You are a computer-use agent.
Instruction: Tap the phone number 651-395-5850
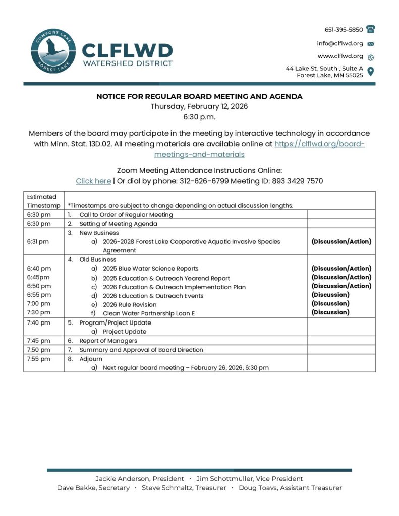344,30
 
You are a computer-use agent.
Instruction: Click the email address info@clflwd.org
339,43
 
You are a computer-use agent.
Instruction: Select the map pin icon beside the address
371,71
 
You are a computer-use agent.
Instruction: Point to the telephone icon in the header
371,29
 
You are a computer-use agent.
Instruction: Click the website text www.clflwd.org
340,56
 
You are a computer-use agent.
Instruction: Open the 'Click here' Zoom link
93,181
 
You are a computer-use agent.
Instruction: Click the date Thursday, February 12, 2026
199,106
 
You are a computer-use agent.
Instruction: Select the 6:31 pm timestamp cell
38,241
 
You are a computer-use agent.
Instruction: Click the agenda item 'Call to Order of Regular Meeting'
126,215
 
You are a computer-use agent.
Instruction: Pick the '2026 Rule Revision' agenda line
130,304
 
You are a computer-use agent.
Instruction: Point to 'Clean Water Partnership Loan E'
149,313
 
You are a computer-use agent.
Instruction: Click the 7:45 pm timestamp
38,341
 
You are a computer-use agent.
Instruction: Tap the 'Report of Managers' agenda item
108,341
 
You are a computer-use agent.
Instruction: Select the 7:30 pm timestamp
38,312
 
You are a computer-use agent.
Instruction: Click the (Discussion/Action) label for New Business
341,241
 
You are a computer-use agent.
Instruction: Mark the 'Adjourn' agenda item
91,359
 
